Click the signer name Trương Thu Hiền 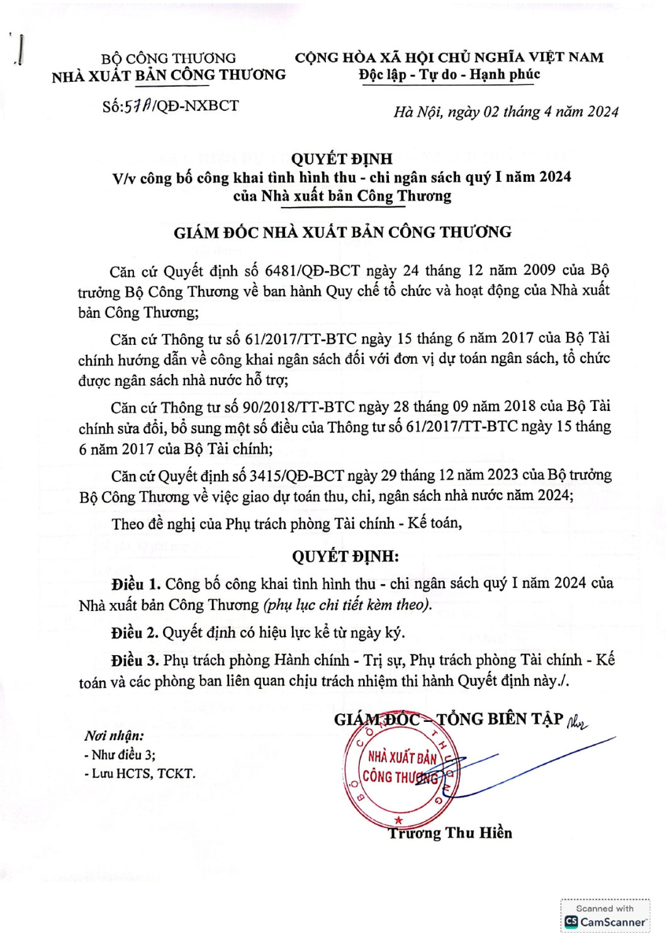tap(450, 833)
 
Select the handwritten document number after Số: tap(138, 106)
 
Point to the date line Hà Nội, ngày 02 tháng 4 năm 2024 tap(506, 112)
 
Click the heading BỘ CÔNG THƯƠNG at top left tap(168, 59)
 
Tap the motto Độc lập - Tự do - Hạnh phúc tap(449, 74)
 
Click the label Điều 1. tap(136, 584)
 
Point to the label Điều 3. tap(135, 660)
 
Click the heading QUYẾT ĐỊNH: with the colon tap(345, 556)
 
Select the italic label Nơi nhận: tap(114, 736)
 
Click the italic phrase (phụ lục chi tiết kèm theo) tap(348, 605)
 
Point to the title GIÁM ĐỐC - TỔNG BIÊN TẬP tap(448, 719)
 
